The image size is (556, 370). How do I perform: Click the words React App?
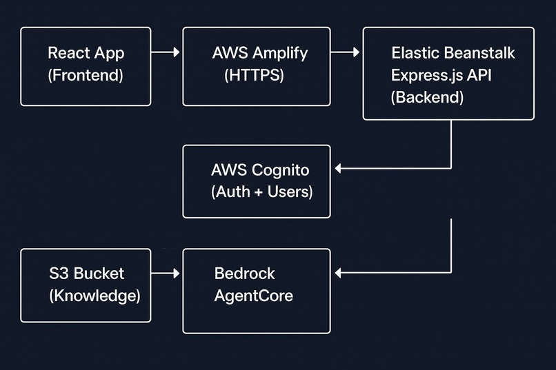pos(86,53)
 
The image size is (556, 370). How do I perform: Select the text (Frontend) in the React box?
pos(86,76)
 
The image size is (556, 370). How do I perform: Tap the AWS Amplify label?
pos(260,53)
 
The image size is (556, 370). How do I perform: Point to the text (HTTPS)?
pos(255,76)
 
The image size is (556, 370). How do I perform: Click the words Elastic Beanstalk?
pos(453,53)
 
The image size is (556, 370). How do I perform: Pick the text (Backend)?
pos(427,97)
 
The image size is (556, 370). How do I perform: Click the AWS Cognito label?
pos(261,169)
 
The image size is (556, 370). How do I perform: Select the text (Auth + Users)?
pos(261,192)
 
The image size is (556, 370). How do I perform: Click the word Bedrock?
pos(244,274)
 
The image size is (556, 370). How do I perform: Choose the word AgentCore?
pos(253,296)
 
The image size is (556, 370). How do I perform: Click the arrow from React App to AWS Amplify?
pos(166,52)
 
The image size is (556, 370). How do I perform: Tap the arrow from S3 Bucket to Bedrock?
pos(166,274)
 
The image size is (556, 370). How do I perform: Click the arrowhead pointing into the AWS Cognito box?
pos(337,167)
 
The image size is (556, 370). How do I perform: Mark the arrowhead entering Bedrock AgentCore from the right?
pos(337,274)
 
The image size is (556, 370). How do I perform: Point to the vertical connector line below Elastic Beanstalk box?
pos(451,143)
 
